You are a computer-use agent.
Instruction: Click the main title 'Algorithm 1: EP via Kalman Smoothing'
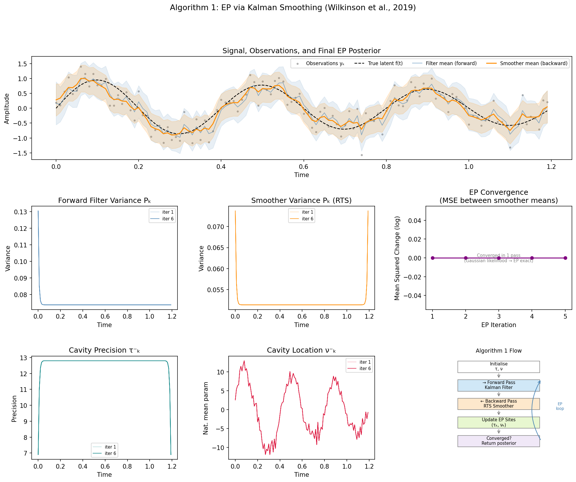pyautogui.click(x=293, y=8)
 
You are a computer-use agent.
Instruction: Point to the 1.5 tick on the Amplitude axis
pyautogui.click(x=22, y=64)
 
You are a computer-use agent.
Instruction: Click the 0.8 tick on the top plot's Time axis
pyautogui.click(x=386, y=167)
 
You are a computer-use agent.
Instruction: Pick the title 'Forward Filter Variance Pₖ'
pyautogui.click(x=104, y=201)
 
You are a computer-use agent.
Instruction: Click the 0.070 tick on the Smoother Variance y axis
pyautogui.click(x=216, y=227)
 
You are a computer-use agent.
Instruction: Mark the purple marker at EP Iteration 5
pyautogui.click(x=565, y=258)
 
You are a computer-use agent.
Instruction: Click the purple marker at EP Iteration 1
pyautogui.click(x=433, y=258)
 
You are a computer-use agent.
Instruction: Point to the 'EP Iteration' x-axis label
pyautogui.click(x=498, y=325)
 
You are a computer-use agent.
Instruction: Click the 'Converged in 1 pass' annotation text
pyautogui.click(x=498, y=256)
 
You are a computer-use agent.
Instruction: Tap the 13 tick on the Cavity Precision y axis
pyautogui.click(x=24, y=358)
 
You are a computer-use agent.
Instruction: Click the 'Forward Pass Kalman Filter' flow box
pyautogui.click(x=498, y=385)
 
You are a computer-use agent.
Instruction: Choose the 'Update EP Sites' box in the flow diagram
pyautogui.click(x=498, y=422)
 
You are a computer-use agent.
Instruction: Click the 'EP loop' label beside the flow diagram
pyautogui.click(x=560, y=406)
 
